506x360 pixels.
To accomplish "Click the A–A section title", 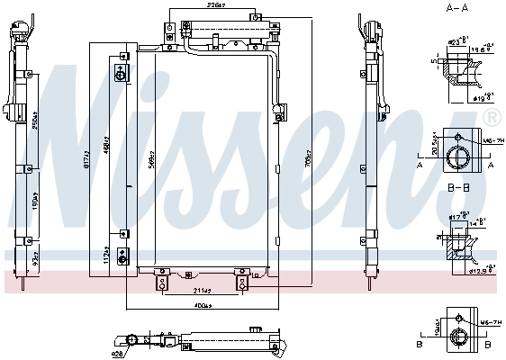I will tap(459, 7).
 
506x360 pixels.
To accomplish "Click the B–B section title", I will tap(459, 187).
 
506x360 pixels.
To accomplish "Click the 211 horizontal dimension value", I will tap(202, 290).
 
